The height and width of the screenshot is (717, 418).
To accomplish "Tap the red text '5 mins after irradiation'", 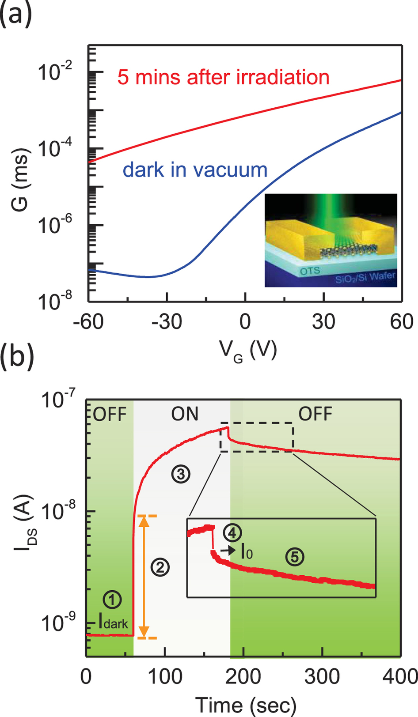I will (223, 77).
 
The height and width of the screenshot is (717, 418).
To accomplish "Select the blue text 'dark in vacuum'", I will (195, 170).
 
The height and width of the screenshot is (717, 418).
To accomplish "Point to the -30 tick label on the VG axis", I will (167, 322).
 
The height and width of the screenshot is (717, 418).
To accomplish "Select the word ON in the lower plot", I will (185, 414).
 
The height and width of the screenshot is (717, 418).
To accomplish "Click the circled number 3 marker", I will (180, 474).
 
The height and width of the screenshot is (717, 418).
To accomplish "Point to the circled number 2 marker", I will (160, 566).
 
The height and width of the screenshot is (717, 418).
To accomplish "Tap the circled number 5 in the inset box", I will (294, 557).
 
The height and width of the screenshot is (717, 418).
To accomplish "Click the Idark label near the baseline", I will (113, 623).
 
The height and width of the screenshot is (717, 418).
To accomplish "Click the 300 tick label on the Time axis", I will (322, 676).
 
